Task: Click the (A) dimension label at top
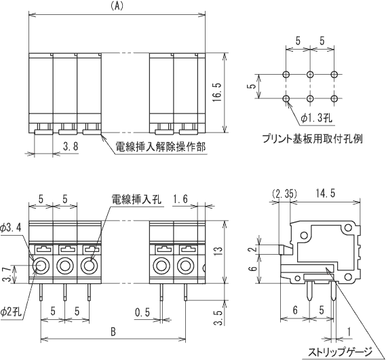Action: [x=117, y=7]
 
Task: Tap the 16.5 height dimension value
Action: [x=217, y=92]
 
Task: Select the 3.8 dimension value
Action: [x=71, y=146]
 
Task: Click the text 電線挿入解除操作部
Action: [x=160, y=147]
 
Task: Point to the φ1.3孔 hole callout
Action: [x=317, y=118]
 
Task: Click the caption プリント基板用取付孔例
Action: [x=313, y=139]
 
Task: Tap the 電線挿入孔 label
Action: [x=136, y=199]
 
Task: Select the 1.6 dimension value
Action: [x=180, y=199]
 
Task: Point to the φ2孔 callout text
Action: [x=11, y=312]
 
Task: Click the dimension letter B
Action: [x=113, y=332]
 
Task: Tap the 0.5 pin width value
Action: [x=142, y=312]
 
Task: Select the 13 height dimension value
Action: [x=218, y=251]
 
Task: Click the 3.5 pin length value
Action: [x=218, y=317]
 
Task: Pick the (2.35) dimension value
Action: [x=284, y=194]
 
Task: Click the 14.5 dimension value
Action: [x=326, y=194]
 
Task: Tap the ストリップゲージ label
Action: [x=341, y=352]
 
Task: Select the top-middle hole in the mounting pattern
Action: [x=310, y=74]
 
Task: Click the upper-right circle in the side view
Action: [x=348, y=228]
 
